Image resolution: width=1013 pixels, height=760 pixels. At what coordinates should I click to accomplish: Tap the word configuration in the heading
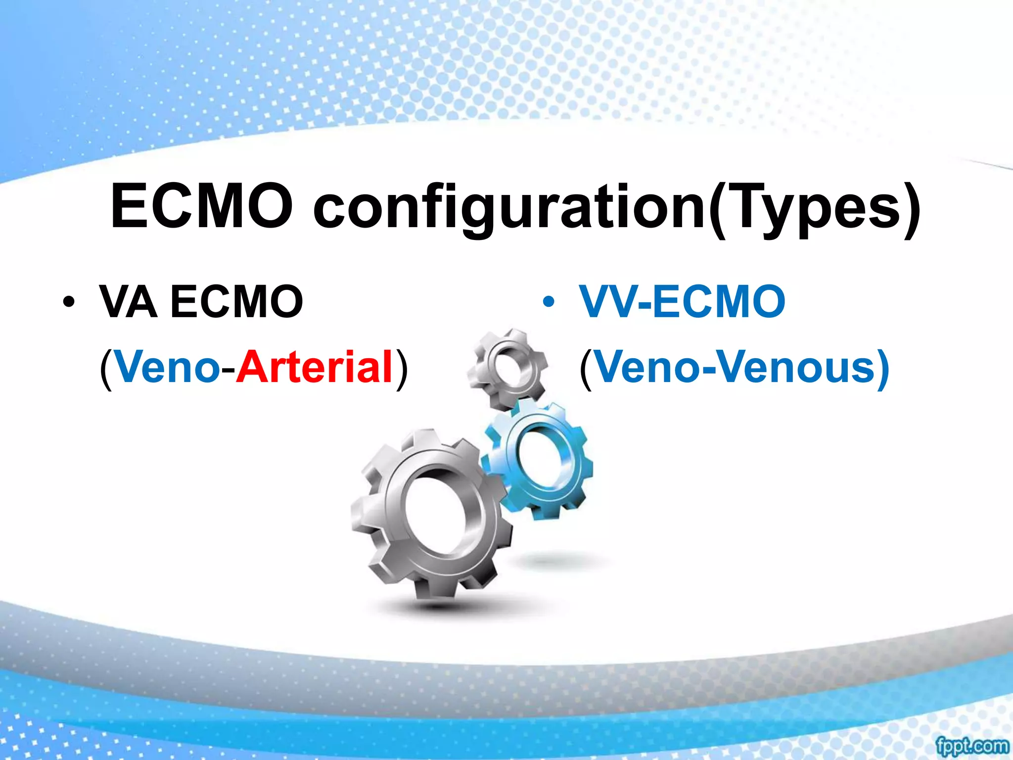(x=509, y=208)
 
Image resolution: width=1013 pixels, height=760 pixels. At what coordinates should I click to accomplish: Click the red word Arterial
(x=315, y=367)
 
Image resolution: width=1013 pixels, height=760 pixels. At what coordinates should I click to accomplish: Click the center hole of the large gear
(x=435, y=510)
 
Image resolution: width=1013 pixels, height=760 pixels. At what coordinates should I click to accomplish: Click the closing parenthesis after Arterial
(x=402, y=368)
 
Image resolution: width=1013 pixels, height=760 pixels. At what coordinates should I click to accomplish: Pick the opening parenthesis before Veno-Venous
(x=586, y=368)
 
